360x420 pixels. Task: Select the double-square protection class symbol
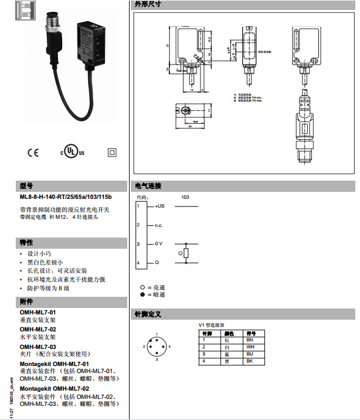(x=111, y=152)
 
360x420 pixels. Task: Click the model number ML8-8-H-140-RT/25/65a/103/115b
(x=65, y=197)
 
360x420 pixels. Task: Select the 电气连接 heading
(x=148, y=186)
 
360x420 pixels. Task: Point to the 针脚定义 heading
(x=148, y=314)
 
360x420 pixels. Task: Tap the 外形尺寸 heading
(x=147, y=4)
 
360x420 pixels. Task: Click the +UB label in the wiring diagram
(x=159, y=206)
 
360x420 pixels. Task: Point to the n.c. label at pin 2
(x=158, y=225)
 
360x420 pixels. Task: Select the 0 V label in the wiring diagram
(x=158, y=243)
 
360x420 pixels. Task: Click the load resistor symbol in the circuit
(x=186, y=253)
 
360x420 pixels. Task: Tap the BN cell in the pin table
(x=250, y=340)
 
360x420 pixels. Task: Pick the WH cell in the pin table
(x=250, y=347)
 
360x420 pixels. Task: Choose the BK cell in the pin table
(x=250, y=361)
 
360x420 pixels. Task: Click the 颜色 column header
(x=228, y=333)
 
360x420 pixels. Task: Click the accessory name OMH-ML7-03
(x=38, y=347)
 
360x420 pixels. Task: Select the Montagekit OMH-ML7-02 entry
(x=55, y=388)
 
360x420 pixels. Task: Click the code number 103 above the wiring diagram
(x=185, y=197)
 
